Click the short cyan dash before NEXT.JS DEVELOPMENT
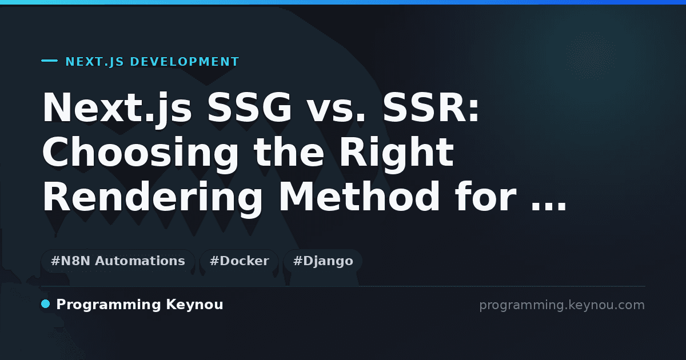click(49, 61)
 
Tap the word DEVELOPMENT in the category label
click(184, 62)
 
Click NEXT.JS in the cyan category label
click(95, 62)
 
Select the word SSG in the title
click(249, 107)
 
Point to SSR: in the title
click(431, 107)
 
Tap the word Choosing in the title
click(140, 155)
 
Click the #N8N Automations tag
click(118, 261)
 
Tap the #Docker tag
click(239, 261)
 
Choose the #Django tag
click(323, 261)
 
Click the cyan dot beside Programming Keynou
click(45, 304)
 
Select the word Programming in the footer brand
click(109, 305)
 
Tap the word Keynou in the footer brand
click(194, 305)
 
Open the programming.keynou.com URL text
click(562, 305)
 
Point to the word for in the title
click(486, 197)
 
